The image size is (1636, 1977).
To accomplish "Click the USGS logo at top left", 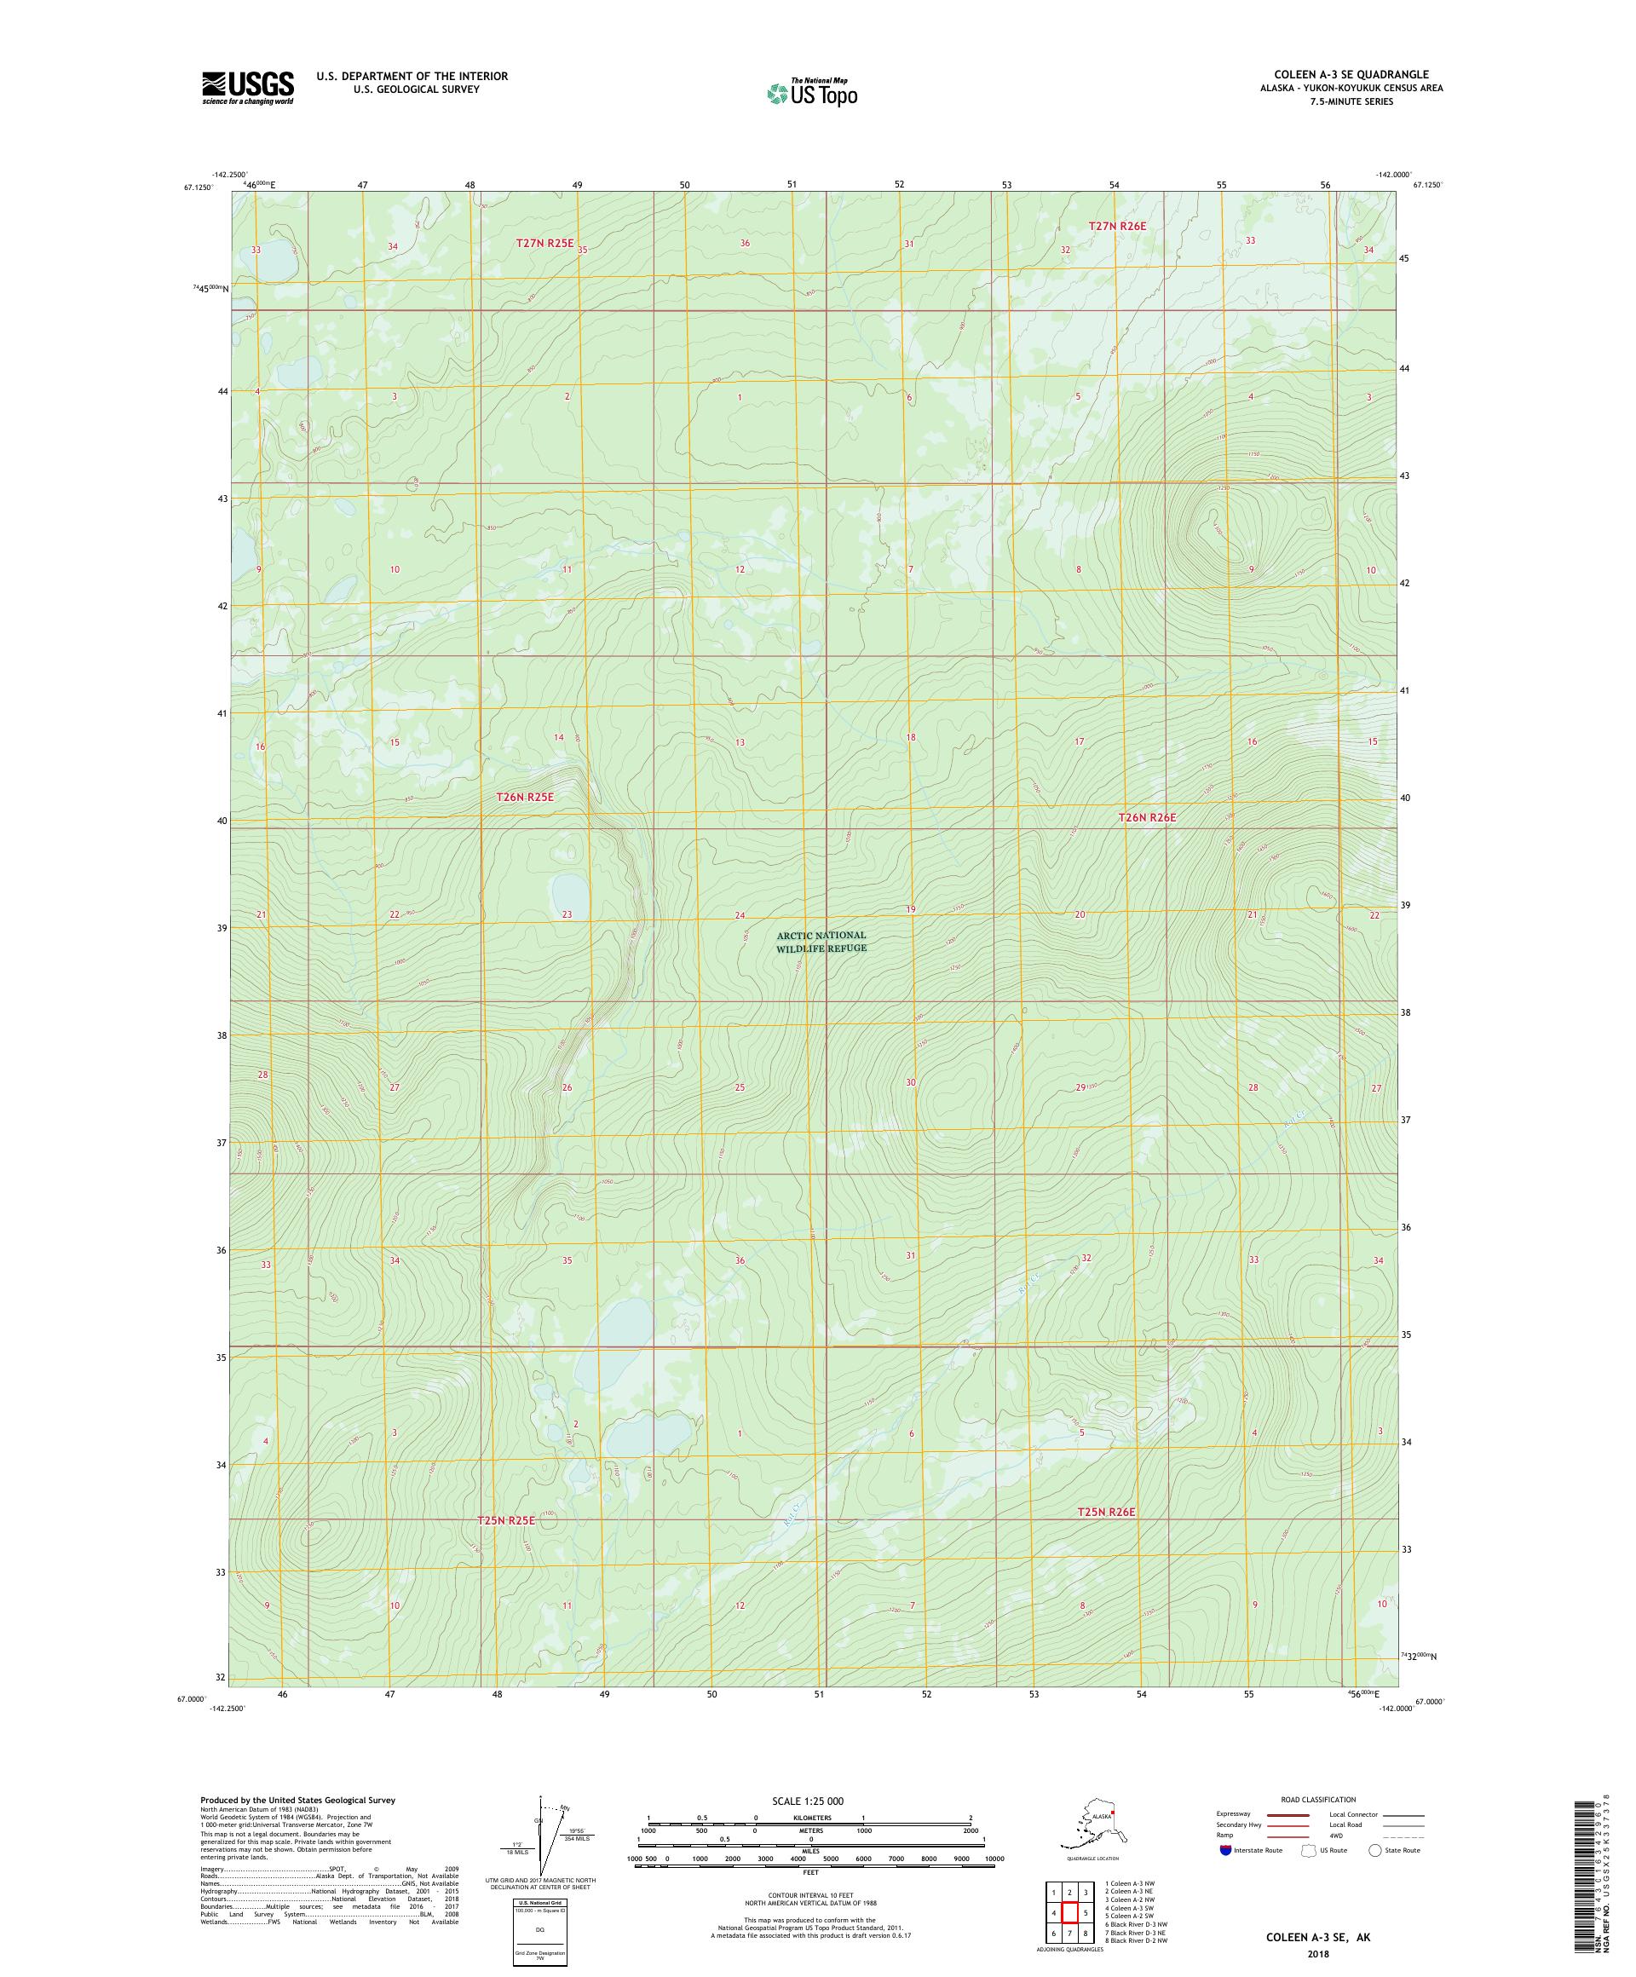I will click(x=246, y=88).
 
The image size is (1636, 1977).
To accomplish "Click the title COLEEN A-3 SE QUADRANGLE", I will click(x=1351, y=74).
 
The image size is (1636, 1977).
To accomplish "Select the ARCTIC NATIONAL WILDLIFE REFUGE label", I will click(x=821, y=942).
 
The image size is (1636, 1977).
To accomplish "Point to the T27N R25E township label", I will click(x=544, y=243).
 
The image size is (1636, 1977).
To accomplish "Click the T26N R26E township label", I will click(x=1147, y=817).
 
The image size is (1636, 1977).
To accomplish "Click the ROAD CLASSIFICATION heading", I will click(x=1318, y=1799).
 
